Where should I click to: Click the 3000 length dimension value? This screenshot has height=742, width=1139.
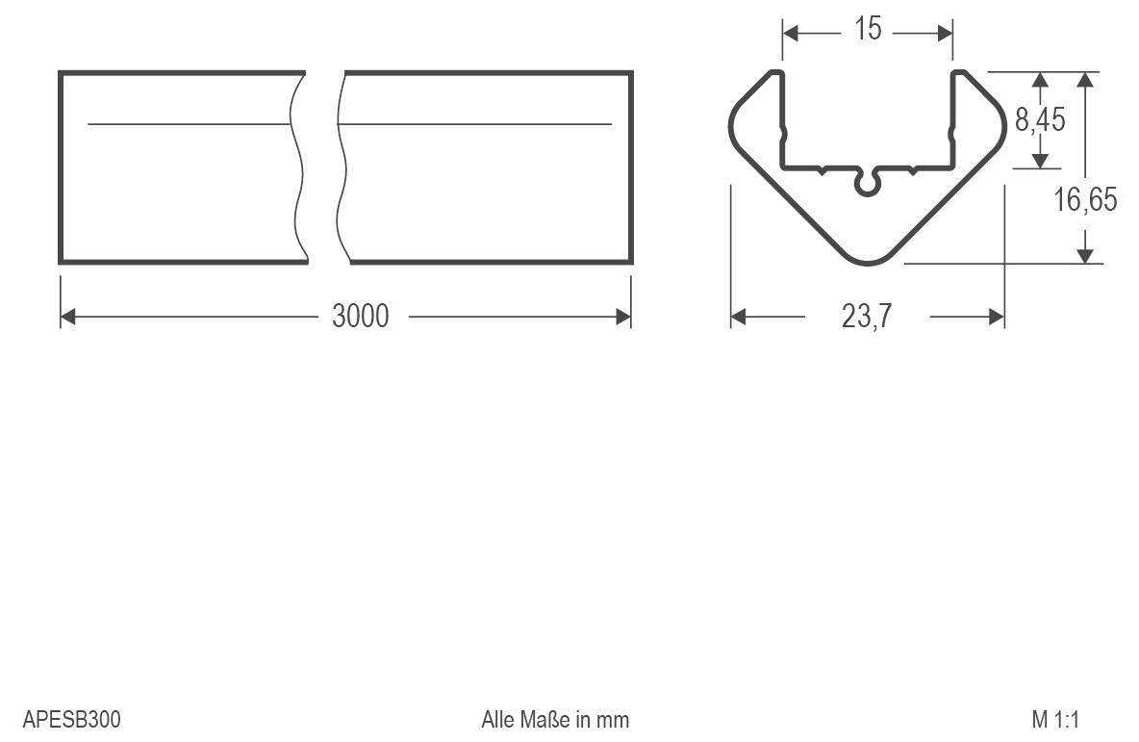(361, 316)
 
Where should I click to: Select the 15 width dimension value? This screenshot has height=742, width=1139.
(867, 30)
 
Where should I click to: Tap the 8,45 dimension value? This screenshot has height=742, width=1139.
(1040, 121)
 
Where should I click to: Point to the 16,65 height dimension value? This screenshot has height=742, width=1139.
(1085, 200)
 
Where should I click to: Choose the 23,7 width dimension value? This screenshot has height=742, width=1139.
(867, 316)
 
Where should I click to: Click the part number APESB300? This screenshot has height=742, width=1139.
(72, 720)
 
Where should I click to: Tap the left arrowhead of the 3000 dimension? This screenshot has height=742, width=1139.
(67, 316)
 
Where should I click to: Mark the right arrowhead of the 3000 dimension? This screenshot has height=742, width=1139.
(624, 316)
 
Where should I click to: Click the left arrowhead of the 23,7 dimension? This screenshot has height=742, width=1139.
(739, 316)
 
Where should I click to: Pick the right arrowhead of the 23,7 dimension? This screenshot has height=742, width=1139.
(997, 316)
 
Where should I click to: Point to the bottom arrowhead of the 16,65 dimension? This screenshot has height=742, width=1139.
(1085, 255)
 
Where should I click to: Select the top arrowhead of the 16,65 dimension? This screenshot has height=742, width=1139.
(1085, 79)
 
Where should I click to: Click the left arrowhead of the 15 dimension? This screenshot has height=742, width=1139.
(791, 33)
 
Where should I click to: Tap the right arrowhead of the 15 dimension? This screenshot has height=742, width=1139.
(945, 33)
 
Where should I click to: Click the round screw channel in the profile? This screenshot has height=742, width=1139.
(868, 183)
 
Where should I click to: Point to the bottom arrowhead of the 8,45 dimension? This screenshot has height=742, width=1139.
(1040, 162)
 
